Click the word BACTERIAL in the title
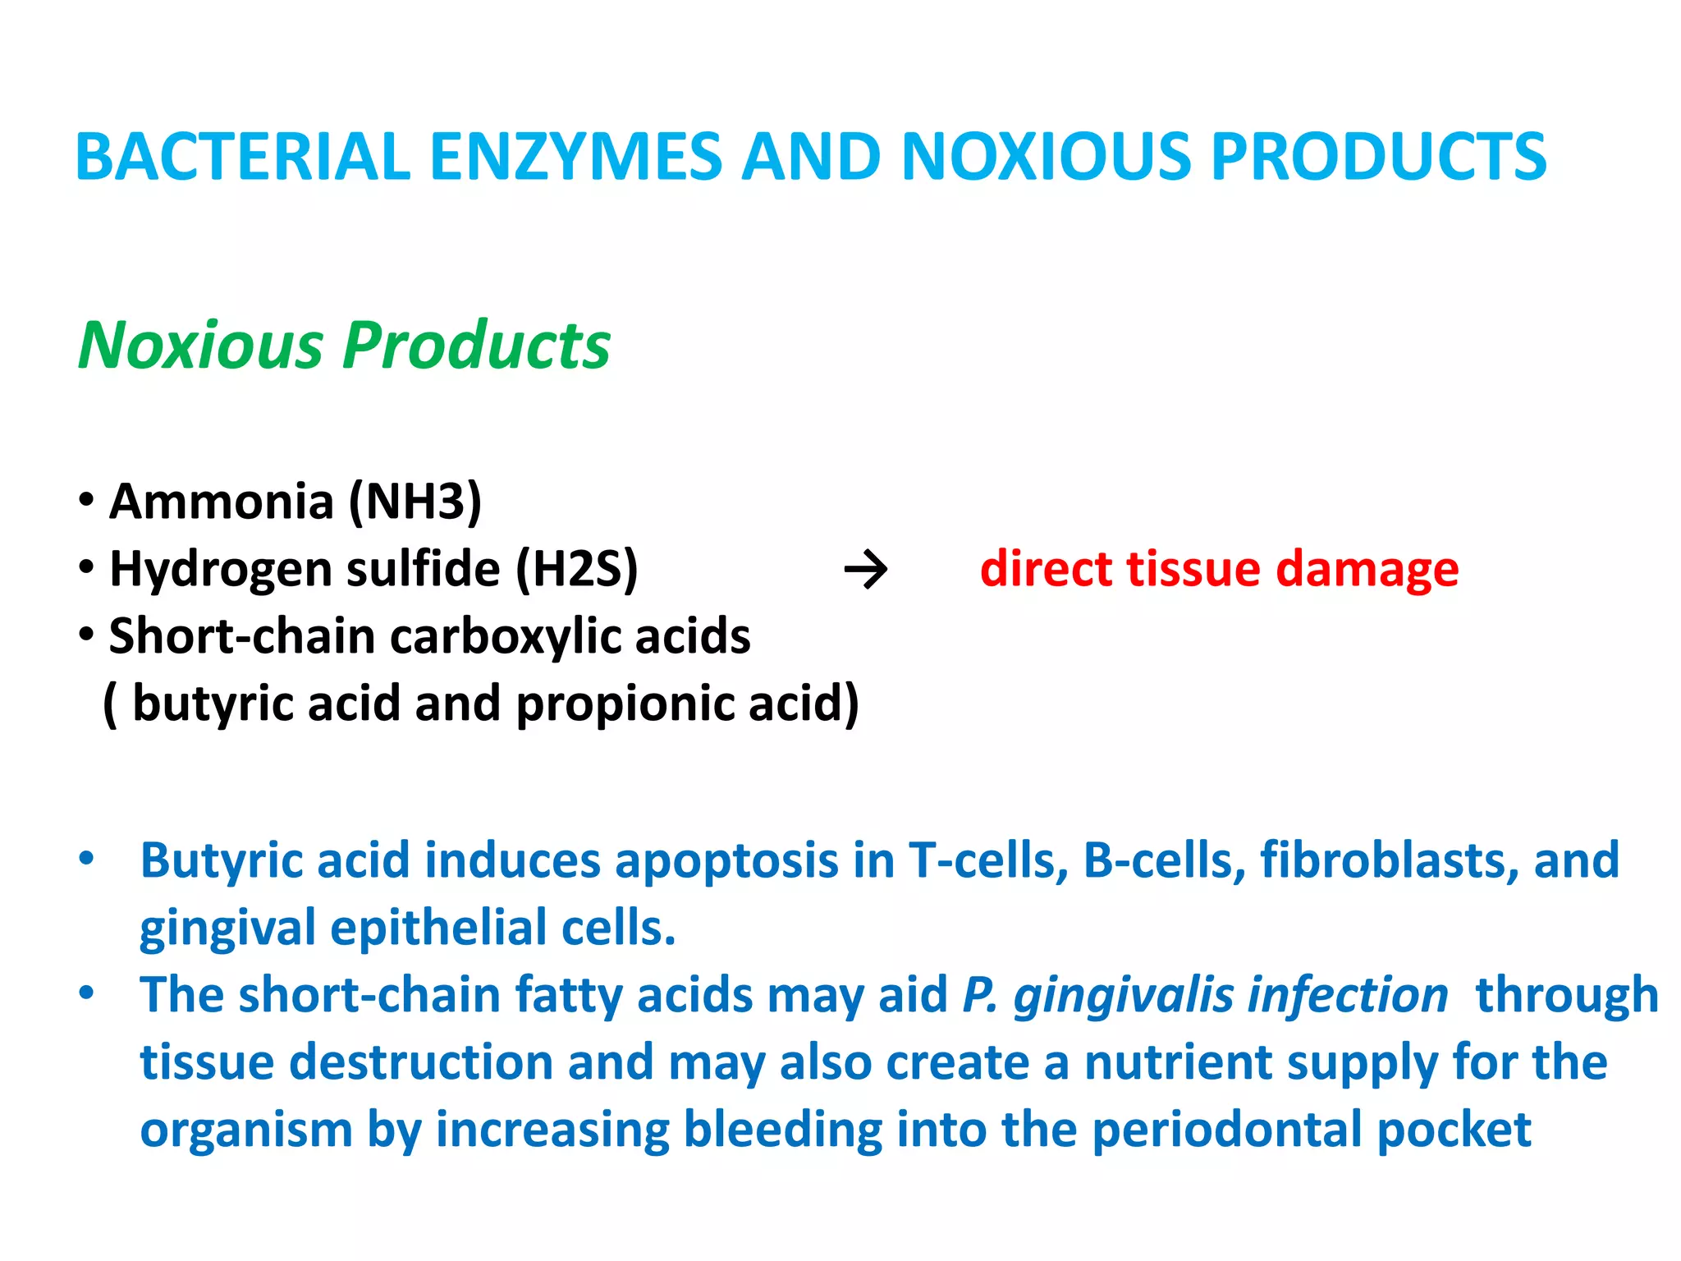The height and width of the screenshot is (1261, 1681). click(x=242, y=156)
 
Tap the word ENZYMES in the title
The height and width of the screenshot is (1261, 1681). click(x=575, y=156)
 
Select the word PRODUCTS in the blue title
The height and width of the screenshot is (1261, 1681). click(x=1379, y=156)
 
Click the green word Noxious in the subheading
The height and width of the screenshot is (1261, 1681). click(x=201, y=346)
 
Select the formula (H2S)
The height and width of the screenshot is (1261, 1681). click(x=576, y=569)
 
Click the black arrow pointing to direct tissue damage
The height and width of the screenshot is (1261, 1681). click(x=866, y=570)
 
